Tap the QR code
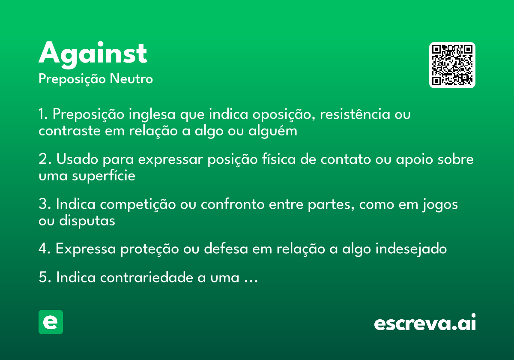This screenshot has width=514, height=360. (452, 65)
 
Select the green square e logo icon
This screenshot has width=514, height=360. (51, 322)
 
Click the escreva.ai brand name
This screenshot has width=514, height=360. (425, 323)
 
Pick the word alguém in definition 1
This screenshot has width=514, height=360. (272, 131)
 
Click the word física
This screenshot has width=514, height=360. (278, 160)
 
